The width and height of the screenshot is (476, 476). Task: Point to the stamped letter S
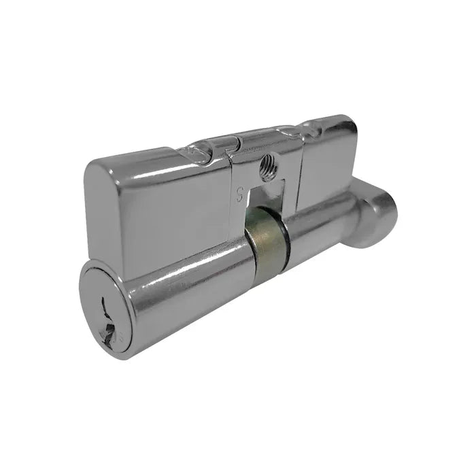pyautogui.click(x=239, y=192)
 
